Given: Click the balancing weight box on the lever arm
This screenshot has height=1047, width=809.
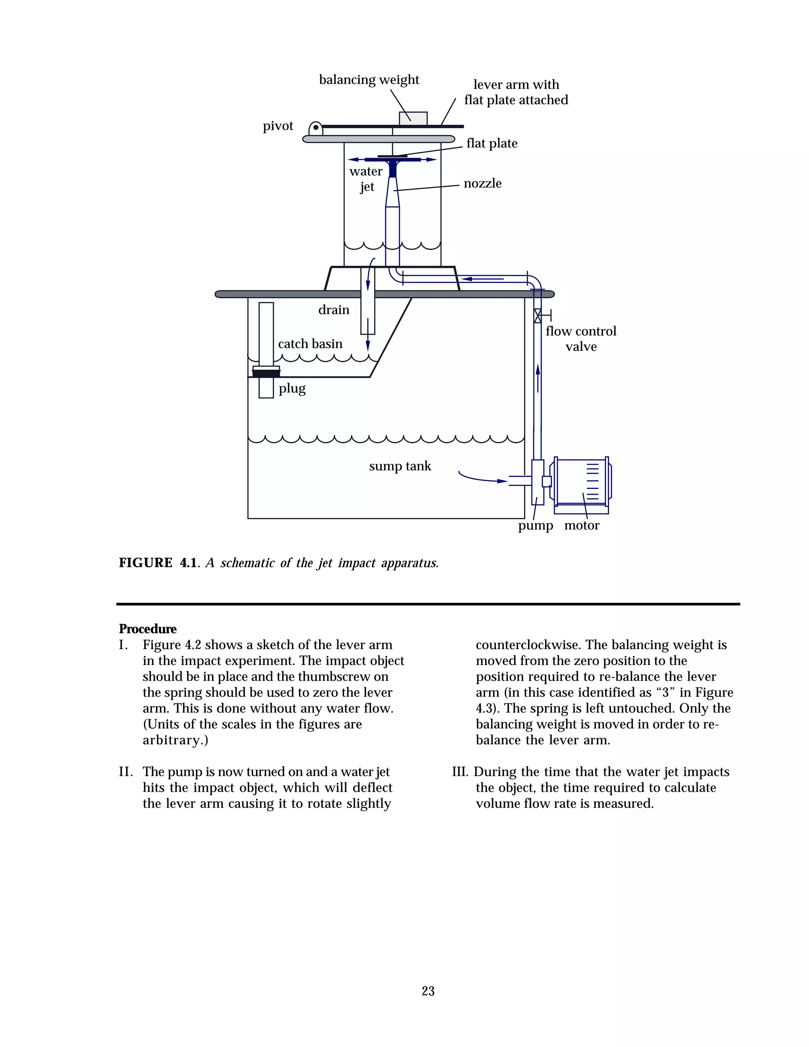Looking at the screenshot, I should click(x=413, y=119).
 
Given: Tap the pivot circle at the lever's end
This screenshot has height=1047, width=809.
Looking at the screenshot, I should click(x=315, y=128).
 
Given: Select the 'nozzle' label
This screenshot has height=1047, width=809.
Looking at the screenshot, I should click(x=482, y=183).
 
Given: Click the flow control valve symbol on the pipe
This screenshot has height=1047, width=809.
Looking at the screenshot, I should click(x=537, y=315).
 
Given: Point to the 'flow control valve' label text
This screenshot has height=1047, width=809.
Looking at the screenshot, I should click(x=580, y=339).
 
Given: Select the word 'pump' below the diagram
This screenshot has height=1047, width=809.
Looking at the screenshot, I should click(x=535, y=526).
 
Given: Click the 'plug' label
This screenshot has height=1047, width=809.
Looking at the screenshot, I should click(x=292, y=388).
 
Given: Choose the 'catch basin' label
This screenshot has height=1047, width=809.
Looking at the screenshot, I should click(x=310, y=344).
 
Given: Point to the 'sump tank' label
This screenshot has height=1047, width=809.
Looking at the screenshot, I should click(x=400, y=466).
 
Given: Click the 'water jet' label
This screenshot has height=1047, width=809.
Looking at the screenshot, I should click(x=366, y=178).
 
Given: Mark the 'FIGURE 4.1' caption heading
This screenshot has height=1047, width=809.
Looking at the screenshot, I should click(x=158, y=563).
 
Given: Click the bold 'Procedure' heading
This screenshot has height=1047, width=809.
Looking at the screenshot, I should click(x=148, y=629).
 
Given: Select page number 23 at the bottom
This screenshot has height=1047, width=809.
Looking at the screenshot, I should click(x=428, y=991).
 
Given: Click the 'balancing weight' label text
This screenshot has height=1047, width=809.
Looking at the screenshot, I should click(x=369, y=79).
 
